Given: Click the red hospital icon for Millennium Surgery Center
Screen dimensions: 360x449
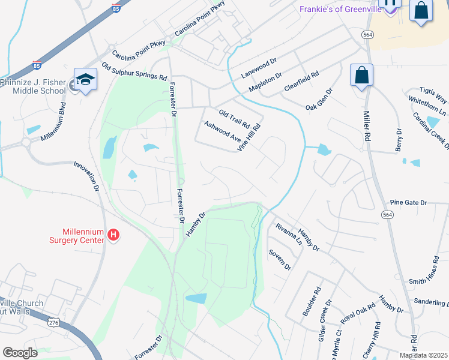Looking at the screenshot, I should [113, 236].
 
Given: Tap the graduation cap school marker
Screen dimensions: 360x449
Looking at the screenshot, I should [85, 80].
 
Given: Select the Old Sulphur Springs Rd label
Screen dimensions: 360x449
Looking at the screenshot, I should [134, 72].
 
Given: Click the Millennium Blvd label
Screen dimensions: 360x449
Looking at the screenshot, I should [52, 121].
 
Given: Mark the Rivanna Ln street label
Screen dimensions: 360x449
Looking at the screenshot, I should [289, 235].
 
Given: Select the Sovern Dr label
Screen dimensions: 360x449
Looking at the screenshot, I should [280, 259].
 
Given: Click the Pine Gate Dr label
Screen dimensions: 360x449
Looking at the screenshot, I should [408, 203].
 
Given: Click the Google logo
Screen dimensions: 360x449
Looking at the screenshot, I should [20, 353].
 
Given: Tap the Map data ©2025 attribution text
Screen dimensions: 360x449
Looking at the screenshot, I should [424, 355].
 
